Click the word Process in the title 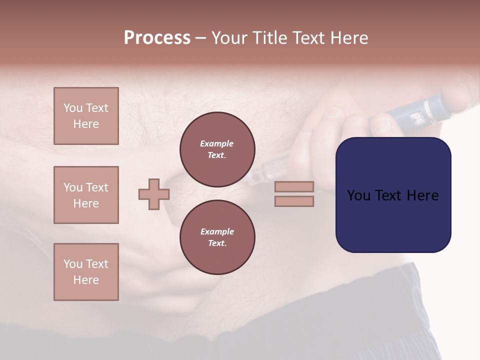[157, 38]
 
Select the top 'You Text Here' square [86, 116]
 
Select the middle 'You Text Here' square [86, 195]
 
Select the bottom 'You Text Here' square [86, 272]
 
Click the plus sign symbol [154, 194]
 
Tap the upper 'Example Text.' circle [217, 149]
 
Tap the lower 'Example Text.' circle [217, 237]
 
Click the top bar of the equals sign [294, 187]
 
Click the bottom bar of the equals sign [294, 201]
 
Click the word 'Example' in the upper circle [217, 143]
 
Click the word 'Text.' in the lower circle [217, 243]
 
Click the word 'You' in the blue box [358, 195]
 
